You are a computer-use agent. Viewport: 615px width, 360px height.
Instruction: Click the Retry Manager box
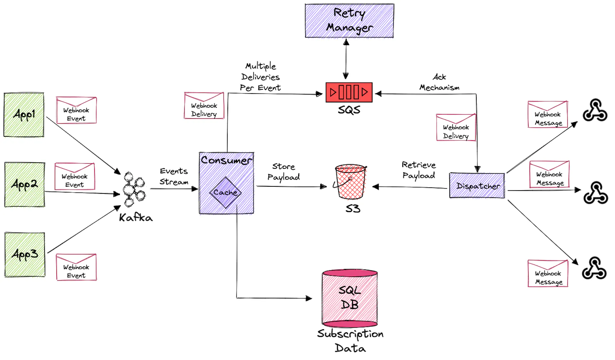click(349, 21)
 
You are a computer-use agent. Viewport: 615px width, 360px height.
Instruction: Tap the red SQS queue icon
click(349, 92)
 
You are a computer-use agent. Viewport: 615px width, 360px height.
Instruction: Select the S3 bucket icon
click(350, 182)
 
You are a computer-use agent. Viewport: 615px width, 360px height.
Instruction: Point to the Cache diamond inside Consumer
click(225, 192)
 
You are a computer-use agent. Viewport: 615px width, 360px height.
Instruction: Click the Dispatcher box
click(477, 186)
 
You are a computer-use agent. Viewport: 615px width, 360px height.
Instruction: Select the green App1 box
click(24, 115)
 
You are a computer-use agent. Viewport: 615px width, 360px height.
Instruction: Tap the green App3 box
click(25, 254)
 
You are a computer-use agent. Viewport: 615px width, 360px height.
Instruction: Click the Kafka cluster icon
click(133, 189)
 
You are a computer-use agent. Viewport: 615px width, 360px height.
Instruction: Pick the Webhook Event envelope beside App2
click(75, 176)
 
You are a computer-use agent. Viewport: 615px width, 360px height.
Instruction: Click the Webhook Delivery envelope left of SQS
click(204, 106)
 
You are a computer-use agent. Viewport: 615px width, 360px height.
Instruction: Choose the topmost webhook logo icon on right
click(595, 110)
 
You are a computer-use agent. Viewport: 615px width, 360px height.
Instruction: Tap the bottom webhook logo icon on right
click(594, 268)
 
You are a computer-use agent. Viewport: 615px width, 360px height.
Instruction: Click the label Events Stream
click(174, 176)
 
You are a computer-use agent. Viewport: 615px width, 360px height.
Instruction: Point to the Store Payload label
click(283, 172)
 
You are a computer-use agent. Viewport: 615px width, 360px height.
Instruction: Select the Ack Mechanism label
click(439, 82)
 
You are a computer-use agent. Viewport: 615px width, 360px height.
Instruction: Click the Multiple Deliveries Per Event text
click(260, 77)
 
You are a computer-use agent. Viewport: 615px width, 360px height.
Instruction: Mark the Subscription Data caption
click(350, 340)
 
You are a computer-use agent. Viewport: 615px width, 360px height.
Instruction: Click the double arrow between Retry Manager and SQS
click(346, 59)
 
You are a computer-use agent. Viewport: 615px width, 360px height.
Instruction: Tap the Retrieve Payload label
click(419, 170)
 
